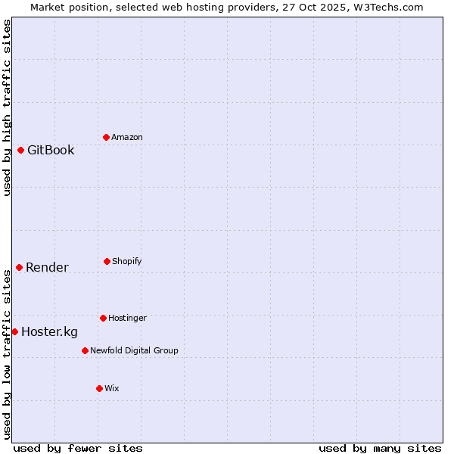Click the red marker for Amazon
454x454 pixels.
(106, 137)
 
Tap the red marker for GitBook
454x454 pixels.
(20, 150)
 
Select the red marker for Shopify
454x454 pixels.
(107, 261)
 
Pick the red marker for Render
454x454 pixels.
(19, 267)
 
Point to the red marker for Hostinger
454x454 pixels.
(103, 318)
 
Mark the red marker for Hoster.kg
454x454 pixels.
(14, 331)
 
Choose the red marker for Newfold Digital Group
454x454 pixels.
(85, 350)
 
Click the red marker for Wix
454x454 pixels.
(99, 388)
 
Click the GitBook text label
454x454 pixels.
(51, 150)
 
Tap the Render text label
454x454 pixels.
(47, 267)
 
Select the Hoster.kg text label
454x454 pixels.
(49, 331)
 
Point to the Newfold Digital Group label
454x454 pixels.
(134, 350)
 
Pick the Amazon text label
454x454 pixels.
(127, 137)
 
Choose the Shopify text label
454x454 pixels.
(127, 261)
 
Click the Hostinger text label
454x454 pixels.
(127, 318)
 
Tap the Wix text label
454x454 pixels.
(112, 388)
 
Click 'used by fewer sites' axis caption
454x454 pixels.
(78, 448)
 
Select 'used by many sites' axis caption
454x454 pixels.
(380, 448)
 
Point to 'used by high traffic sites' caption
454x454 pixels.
(8, 107)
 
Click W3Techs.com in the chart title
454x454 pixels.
(386, 7)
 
